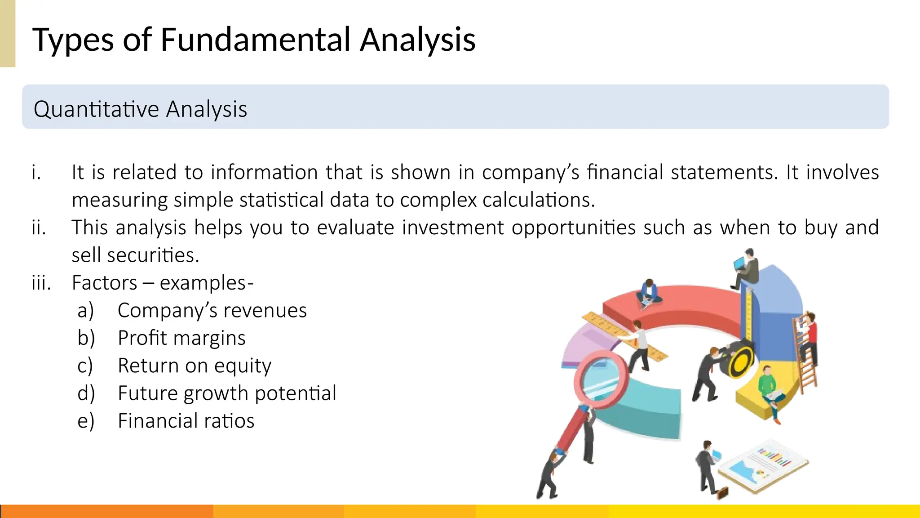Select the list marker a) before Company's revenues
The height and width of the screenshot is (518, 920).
coord(85,311)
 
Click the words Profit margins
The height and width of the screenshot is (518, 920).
coord(181,338)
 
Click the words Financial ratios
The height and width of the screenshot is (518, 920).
coord(186,421)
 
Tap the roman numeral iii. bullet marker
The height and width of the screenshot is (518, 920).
coord(41,283)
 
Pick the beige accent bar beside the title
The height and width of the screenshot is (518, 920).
coord(8,33)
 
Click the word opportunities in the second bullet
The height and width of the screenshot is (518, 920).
coord(574,228)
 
